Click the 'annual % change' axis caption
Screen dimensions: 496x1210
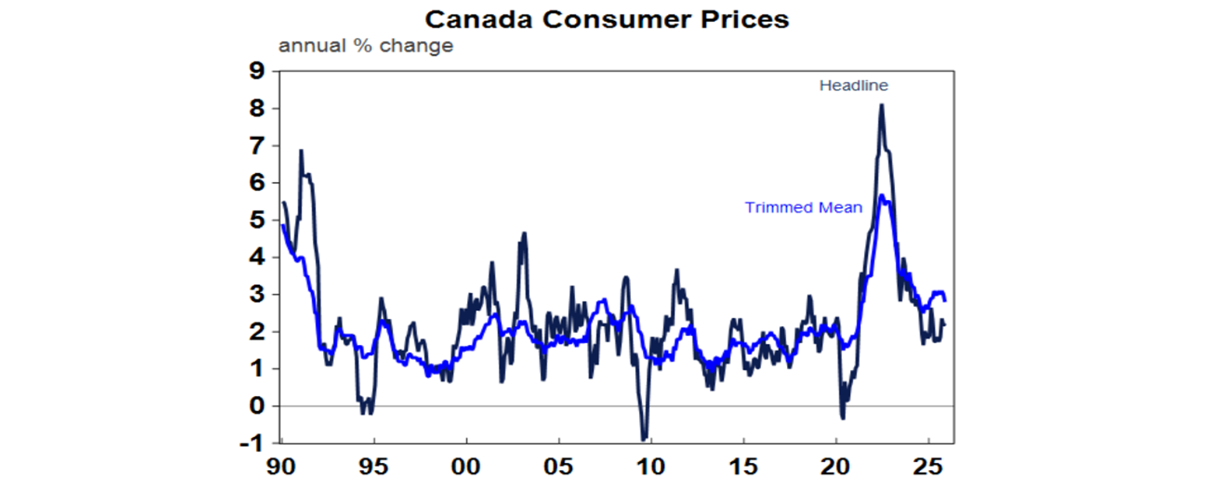pos(366,46)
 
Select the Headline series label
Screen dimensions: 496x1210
pos(853,85)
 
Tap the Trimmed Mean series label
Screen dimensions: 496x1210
pos(804,208)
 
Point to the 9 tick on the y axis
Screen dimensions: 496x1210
pos(255,72)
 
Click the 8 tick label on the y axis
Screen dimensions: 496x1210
pos(255,109)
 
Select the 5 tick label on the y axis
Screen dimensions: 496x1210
pos(255,220)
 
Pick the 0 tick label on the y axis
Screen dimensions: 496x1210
pos(255,406)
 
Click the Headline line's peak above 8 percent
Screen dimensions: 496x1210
pos(882,105)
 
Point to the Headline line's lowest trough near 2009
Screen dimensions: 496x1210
pos(644,439)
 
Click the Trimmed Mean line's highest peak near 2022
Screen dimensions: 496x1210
pos(882,195)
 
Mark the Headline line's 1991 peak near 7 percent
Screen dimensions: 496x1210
pos(301,150)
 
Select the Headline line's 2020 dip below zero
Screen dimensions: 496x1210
pos(842,418)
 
